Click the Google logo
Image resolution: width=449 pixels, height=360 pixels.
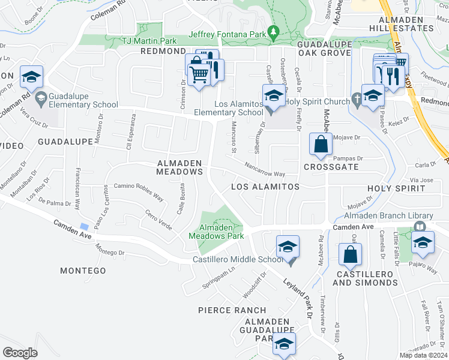pos(20,353)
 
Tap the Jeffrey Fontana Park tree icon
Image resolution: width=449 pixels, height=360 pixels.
pos(274,31)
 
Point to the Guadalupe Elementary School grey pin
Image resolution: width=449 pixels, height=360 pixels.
pos(40,98)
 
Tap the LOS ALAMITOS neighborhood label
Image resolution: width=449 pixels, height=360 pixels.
pos(265,187)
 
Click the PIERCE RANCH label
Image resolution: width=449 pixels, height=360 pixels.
pos(232,310)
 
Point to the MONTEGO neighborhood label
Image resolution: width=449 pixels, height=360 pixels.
pos(83,271)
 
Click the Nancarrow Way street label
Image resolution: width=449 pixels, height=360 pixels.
pos(264,170)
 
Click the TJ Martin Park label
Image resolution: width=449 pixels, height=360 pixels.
pos(149,41)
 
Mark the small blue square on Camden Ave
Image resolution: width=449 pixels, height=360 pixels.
pos(85,226)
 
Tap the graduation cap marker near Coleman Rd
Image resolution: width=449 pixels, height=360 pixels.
pos(31,76)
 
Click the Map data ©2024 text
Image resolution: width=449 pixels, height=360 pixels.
pos(423,355)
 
